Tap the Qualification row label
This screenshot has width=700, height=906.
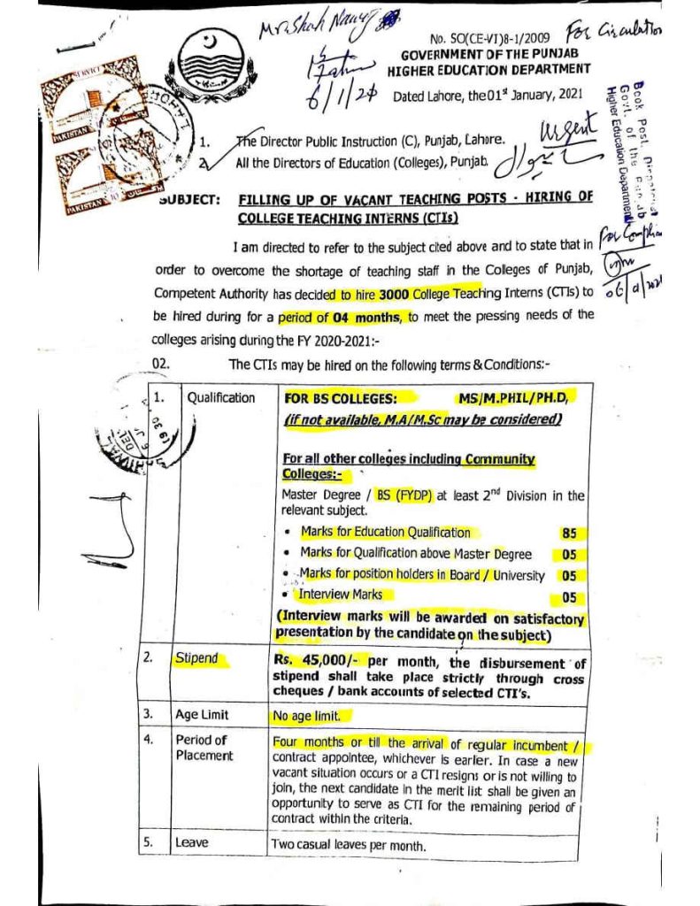click(x=220, y=398)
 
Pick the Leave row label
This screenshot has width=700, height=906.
click(x=191, y=843)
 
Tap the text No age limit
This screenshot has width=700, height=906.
click(x=312, y=715)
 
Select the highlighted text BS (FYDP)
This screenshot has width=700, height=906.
click(x=404, y=495)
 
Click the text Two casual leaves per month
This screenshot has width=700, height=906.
click(x=348, y=845)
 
